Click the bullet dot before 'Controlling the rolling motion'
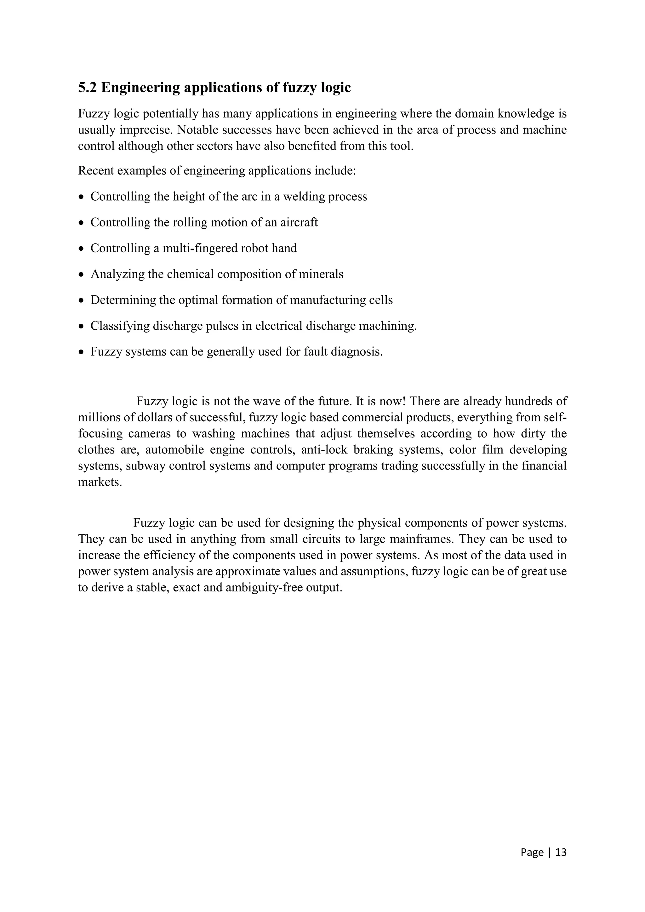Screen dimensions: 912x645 point(82,223)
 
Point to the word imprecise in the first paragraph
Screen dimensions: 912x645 point(145,130)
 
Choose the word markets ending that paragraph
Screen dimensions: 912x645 point(99,482)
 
